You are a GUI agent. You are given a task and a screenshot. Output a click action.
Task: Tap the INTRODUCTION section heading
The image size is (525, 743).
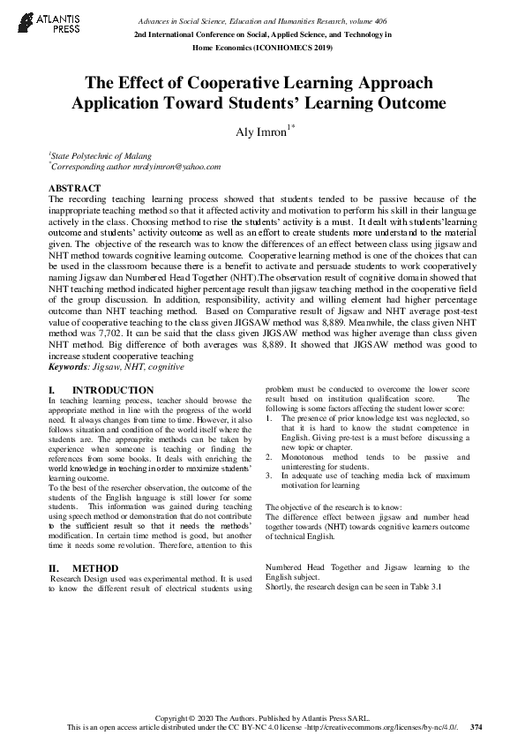tap(112, 390)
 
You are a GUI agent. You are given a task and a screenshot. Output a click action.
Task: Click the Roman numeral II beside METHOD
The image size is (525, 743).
tap(52, 568)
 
